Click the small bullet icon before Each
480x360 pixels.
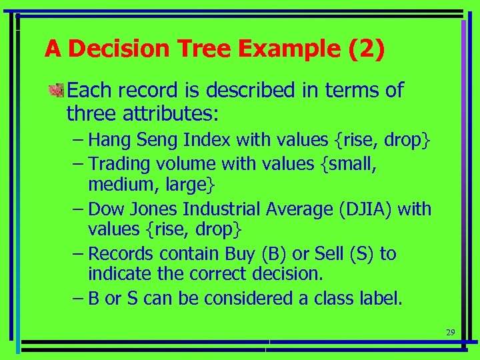coord(58,90)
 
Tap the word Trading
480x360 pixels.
coord(120,163)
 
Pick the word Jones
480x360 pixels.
coord(155,209)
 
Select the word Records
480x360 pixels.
coord(121,254)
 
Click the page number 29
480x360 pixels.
coord(450,332)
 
